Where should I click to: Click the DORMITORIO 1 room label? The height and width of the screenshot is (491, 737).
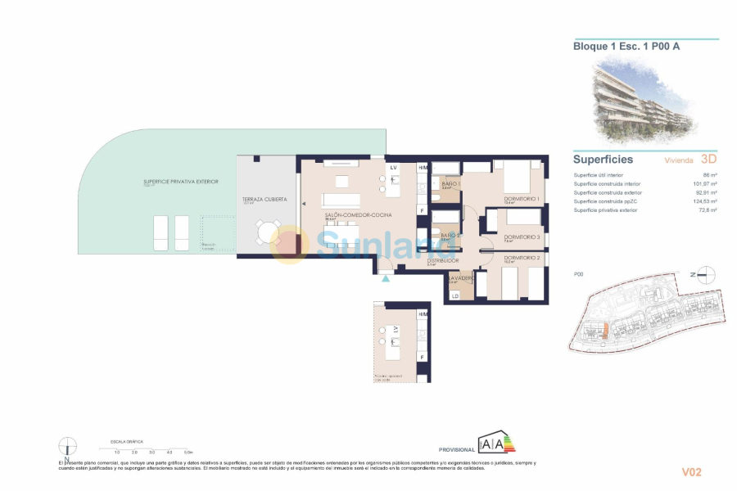tap(521, 199)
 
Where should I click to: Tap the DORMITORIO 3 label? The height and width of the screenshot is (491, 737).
tap(521, 236)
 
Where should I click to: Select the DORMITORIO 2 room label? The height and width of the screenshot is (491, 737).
tap(522, 258)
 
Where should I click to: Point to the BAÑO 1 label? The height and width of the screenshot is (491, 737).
tap(450, 184)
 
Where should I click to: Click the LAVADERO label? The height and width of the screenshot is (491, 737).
tap(461, 277)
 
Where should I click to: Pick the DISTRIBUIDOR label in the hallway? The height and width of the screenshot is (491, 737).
tap(442, 260)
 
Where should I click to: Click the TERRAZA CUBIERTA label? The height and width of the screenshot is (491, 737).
tap(263, 200)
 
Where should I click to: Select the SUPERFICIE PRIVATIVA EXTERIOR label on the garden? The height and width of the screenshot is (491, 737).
tap(181, 181)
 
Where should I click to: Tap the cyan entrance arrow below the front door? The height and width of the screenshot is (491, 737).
tap(386, 278)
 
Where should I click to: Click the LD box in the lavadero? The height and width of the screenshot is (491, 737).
tap(454, 295)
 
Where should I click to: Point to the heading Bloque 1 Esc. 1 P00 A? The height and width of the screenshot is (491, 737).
tap(626, 47)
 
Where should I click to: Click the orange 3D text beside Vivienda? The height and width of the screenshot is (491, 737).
tap(709, 160)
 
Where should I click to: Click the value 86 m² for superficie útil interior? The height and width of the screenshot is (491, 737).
tap(710, 175)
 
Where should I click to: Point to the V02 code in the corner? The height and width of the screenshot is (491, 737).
tap(692, 472)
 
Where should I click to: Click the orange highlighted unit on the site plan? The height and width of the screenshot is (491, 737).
tap(604, 330)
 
